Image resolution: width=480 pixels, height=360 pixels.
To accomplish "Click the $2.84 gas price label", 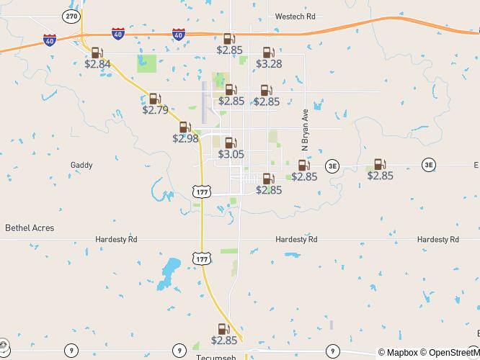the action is click(x=97, y=64).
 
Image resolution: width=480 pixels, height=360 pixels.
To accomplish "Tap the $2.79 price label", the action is click(x=155, y=110).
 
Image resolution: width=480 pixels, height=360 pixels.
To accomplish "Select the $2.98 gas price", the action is click(x=185, y=138).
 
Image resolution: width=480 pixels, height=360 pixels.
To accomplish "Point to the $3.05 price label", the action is click(x=231, y=154).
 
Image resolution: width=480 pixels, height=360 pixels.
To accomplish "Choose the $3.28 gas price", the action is click(x=269, y=64).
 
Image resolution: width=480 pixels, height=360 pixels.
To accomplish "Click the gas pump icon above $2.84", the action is click(x=97, y=53).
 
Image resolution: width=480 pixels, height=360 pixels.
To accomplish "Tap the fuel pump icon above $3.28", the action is click(x=268, y=53).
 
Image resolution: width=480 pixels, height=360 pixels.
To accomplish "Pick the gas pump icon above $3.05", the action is click(x=230, y=143).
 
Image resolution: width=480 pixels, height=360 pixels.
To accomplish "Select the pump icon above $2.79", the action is click(x=154, y=99).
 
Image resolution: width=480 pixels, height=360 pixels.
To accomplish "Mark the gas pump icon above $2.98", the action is click(x=185, y=127).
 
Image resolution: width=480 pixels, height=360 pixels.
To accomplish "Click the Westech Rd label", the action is click(x=295, y=16).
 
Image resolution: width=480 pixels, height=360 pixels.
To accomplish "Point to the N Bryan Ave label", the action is click(x=305, y=130).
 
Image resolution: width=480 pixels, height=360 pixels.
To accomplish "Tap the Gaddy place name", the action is click(x=81, y=165).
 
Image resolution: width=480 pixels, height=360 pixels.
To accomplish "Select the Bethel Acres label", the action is click(x=30, y=228).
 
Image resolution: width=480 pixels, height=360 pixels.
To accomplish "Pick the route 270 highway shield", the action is click(x=71, y=15).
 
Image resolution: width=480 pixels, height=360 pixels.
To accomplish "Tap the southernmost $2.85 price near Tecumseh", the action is click(x=224, y=341).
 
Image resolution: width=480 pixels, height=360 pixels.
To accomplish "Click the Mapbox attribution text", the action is click(x=398, y=353).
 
